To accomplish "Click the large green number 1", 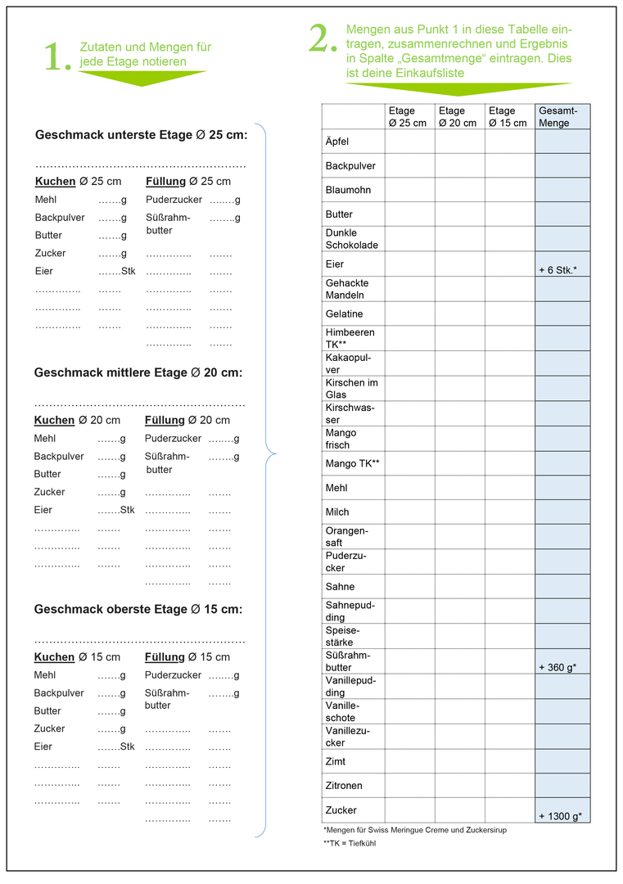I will (x=56, y=57).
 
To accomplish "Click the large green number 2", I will (x=323, y=39).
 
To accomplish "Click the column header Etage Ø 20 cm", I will (x=458, y=117).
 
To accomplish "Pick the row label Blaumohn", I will (x=348, y=190).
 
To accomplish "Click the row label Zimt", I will (x=336, y=762).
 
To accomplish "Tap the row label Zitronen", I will (x=344, y=786).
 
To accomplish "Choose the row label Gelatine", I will (x=344, y=313).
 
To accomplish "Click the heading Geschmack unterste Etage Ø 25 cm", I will (x=141, y=135).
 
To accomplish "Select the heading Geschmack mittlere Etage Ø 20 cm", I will (x=138, y=372).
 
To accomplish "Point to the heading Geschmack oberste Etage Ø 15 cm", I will (x=138, y=610).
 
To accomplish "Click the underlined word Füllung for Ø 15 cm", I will (x=165, y=657).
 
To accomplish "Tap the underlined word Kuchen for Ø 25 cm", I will (x=55, y=181).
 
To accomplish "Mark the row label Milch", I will (x=337, y=512).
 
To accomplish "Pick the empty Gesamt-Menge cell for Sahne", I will (x=562, y=587).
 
